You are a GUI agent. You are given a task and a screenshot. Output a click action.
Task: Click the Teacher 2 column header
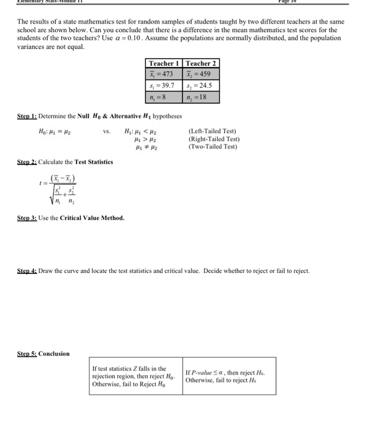coord(201,63)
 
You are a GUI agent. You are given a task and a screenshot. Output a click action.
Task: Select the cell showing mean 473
coord(163,74)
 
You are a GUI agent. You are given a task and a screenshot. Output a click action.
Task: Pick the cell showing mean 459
coord(201,74)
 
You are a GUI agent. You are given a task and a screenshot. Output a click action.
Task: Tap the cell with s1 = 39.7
coord(163,86)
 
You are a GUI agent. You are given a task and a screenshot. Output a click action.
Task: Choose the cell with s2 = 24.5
coord(201,86)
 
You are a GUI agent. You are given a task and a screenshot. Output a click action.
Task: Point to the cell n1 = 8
coord(163,97)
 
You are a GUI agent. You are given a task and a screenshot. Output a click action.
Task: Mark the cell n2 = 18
coord(201,97)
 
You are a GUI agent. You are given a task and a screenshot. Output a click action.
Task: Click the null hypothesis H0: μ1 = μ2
coord(55,132)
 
